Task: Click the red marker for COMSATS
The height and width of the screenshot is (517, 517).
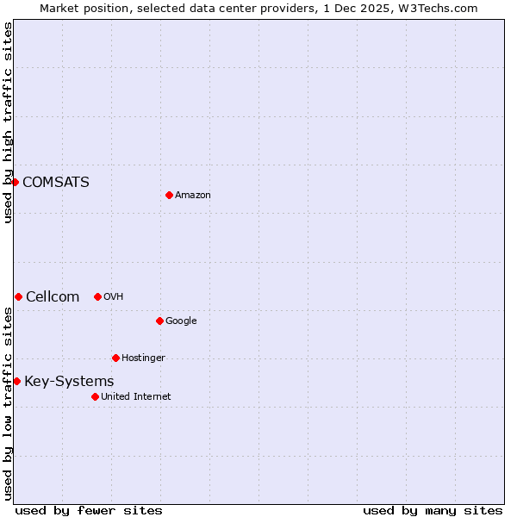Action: (15, 182)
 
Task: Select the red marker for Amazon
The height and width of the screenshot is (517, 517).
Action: (169, 195)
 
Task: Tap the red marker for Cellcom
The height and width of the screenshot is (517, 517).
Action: (18, 296)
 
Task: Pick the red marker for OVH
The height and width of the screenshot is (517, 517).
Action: (97, 296)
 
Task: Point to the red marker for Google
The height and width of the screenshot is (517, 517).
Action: (159, 321)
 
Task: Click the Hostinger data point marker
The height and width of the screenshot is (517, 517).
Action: (115, 358)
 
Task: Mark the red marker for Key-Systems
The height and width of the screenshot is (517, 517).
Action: (16, 381)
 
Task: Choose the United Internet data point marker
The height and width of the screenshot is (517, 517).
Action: (95, 396)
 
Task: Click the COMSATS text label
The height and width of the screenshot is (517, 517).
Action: (55, 182)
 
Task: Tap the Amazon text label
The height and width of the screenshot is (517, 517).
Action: (192, 195)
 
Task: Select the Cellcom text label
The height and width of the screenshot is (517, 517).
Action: (52, 296)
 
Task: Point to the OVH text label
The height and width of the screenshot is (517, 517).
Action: (113, 296)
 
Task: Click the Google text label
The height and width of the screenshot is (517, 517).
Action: (181, 321)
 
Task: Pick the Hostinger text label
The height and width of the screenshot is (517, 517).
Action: (143, 358)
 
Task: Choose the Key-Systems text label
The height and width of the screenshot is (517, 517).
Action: (69, 381)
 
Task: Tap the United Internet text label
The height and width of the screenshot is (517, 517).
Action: (135, 396)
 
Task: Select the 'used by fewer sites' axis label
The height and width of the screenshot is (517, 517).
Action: (89, 510)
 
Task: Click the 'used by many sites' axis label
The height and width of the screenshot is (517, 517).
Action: (433, 510)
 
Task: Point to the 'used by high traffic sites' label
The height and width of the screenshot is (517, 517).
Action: (8, 122)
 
